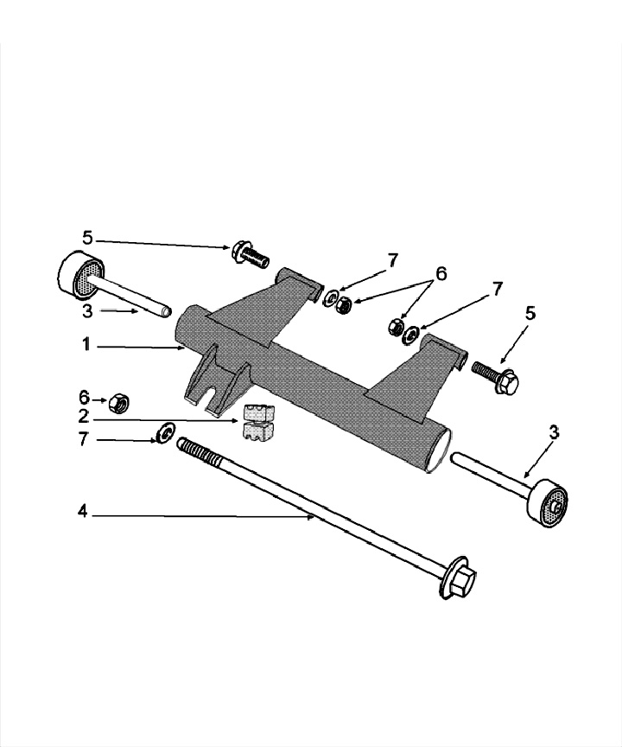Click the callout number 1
[86, 344]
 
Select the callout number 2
[83, 416]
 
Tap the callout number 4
[83, 512]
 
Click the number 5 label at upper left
[87, 237]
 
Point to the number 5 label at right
[530, 313]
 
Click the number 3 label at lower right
[554, 432]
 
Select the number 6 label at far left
[84, 397]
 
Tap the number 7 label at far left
[83, 439]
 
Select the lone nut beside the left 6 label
[120, 402]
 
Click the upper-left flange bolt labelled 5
[248, 254]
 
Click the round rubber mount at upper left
[80, 275]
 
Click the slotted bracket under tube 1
[209, 378]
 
